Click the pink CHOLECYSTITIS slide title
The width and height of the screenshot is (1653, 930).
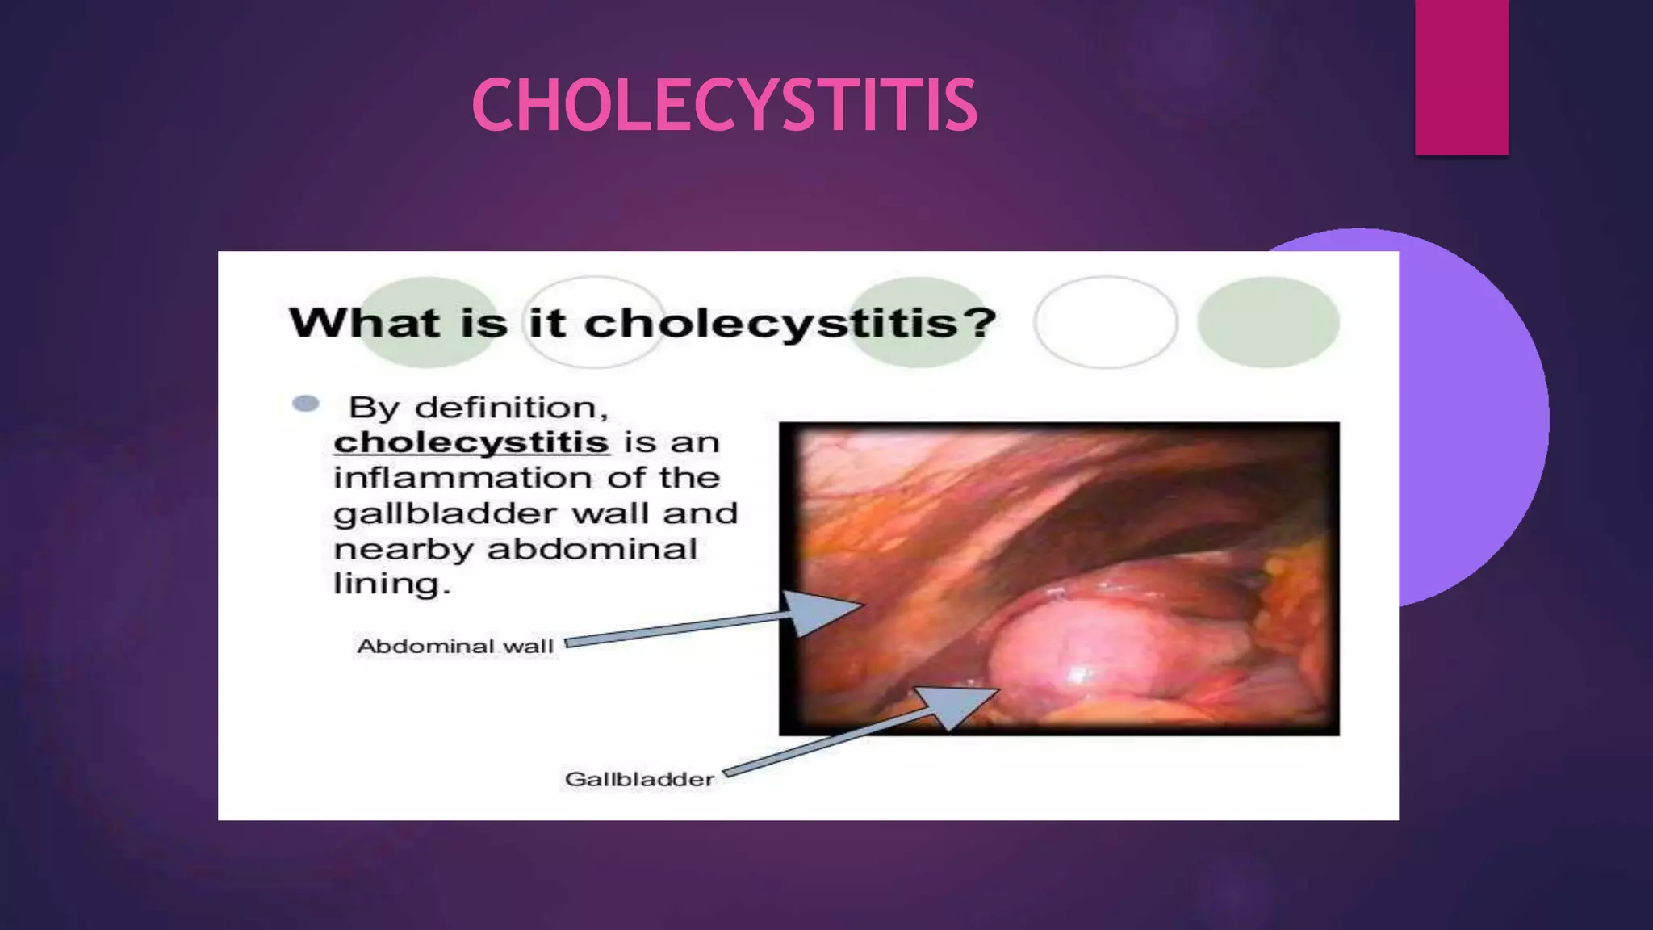(724, 105)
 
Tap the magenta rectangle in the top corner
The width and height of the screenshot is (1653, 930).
(1461, 77)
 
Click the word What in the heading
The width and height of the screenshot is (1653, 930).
(363, 324)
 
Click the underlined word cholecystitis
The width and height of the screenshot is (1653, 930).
(471, 442)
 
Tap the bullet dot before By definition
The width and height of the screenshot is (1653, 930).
(306, 404)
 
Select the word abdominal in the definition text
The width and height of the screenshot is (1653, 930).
(592, 550)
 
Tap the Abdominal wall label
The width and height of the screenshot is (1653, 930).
(454, 647)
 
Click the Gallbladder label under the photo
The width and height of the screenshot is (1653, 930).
(639, 780)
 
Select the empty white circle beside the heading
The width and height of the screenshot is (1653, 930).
(1105, 322)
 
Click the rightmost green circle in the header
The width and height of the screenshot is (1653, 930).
(1268, 322)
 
